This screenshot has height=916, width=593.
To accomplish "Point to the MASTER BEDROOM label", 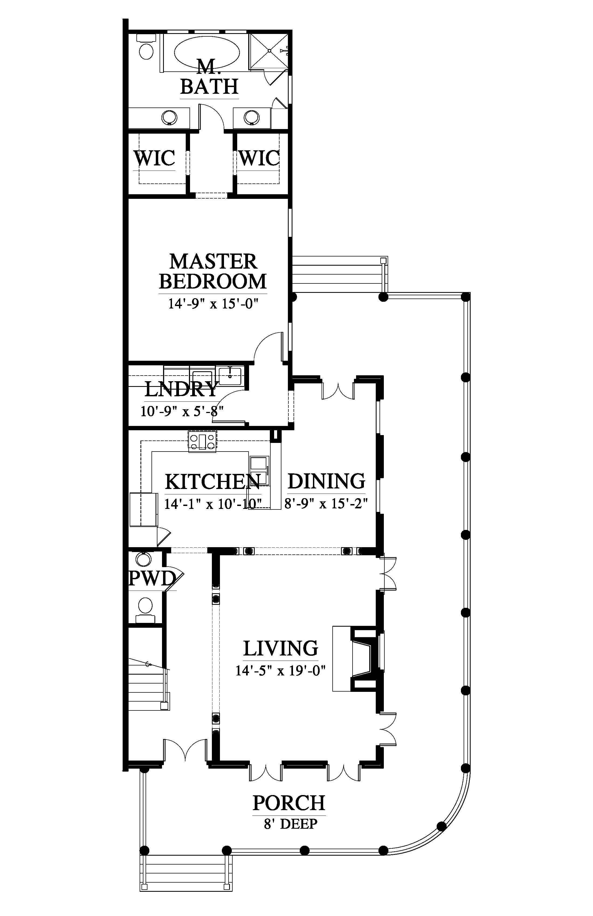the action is pyautogui.click(x=213, y=271).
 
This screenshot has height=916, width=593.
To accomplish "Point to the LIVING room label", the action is pyautogui.click(x=281, y=648).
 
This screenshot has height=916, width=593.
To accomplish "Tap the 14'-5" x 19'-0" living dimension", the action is pyautogui.click(x=281, y=671).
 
